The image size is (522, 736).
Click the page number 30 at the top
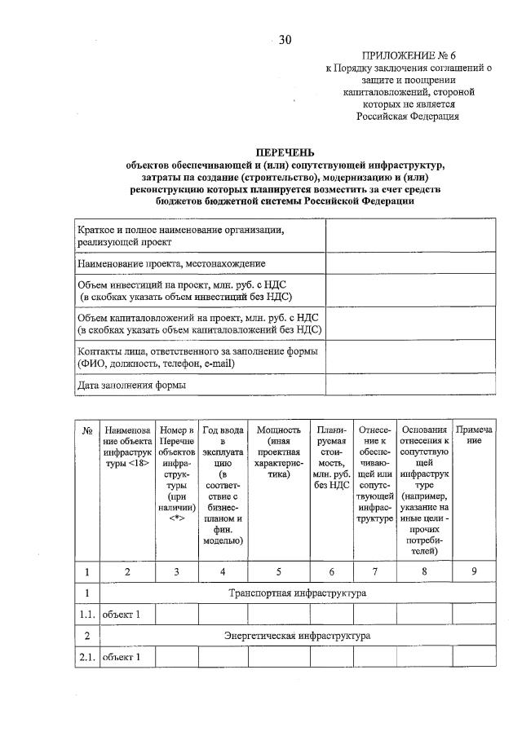coord(284,39)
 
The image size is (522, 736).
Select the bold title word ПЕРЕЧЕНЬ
coord(285,152)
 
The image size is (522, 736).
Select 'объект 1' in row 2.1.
coord(121,656)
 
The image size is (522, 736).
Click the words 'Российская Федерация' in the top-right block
coord(407,116)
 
